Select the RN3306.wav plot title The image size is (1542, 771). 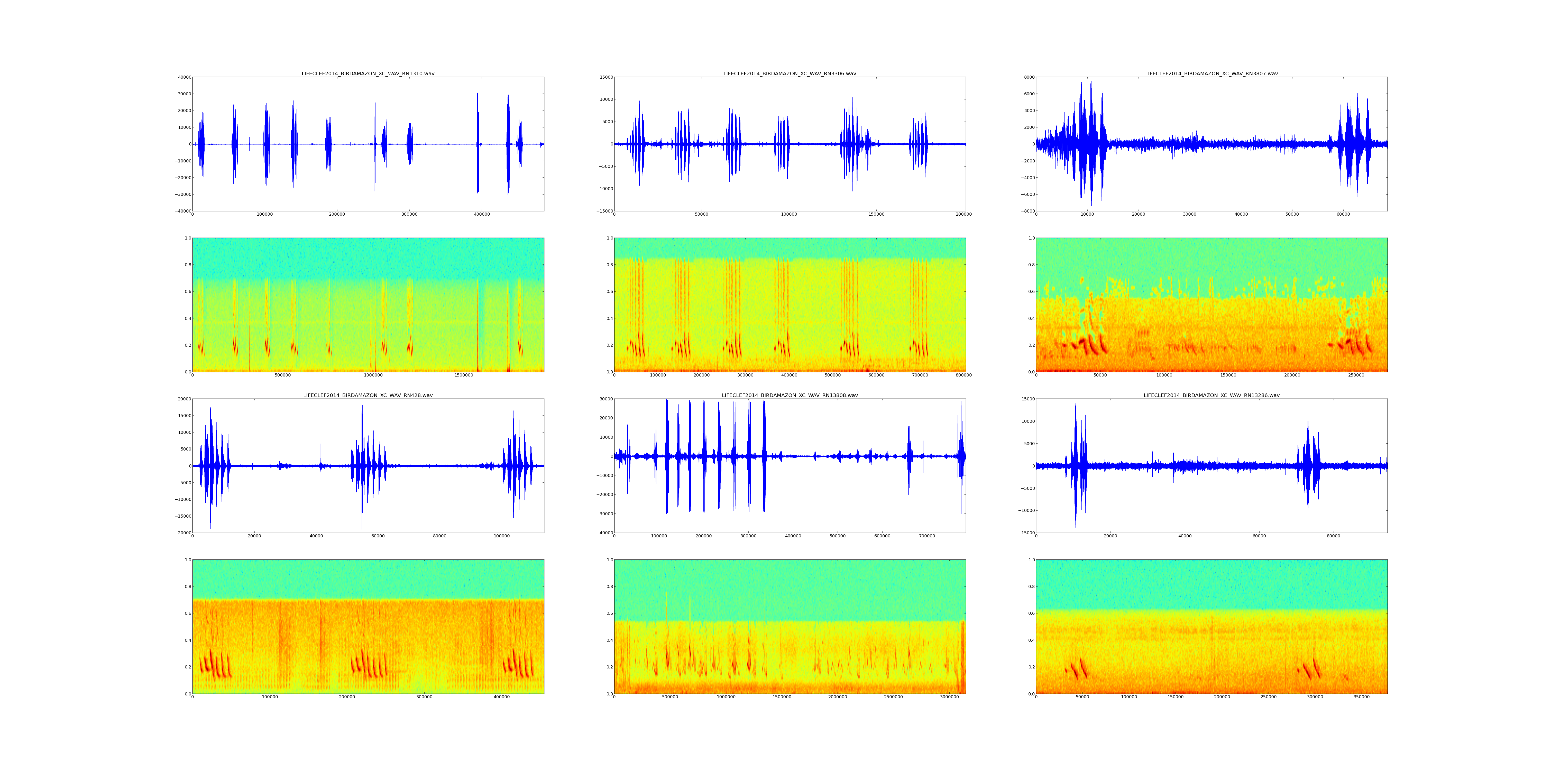(x=790, y=74)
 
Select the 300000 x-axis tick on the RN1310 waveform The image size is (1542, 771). (x=409, y=214)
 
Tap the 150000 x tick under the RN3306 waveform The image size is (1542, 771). (x=876, y=214)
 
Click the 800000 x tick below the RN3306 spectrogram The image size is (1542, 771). (x=964, y=375)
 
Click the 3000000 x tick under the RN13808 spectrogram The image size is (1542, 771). (x=949, y=697)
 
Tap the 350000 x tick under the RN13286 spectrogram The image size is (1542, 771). (x=1361, y=697)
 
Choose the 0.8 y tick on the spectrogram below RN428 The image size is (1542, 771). (x=187, y=587)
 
